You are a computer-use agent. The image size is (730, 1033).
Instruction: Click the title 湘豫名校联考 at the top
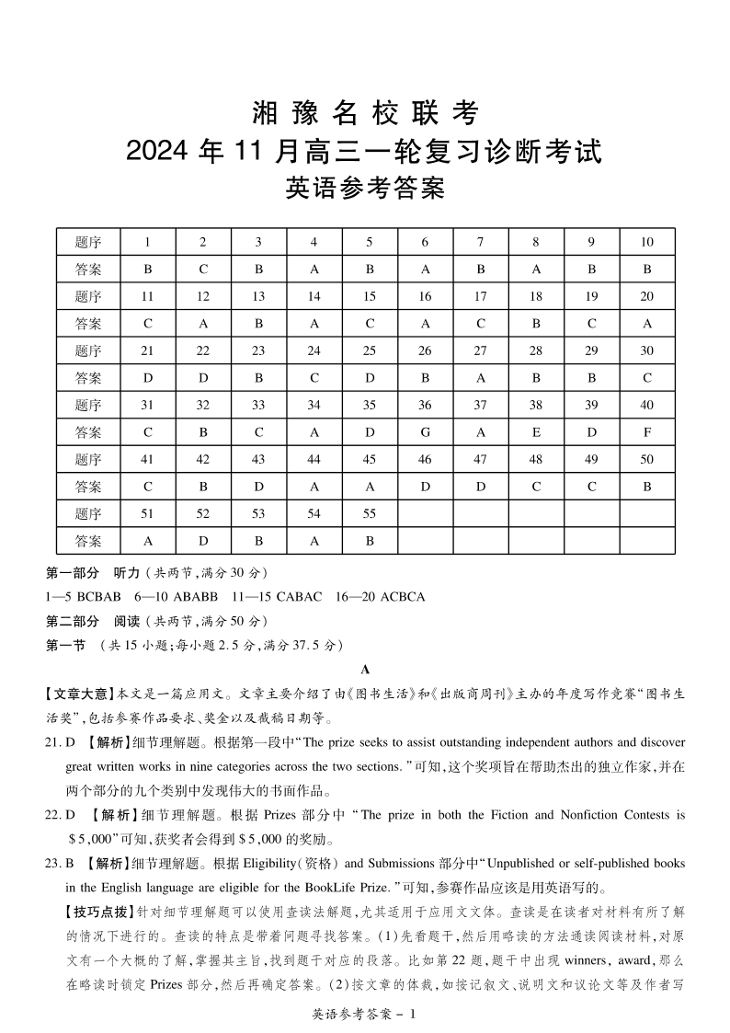point(365,114)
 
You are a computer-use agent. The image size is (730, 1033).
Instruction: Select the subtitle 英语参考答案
point(365,189)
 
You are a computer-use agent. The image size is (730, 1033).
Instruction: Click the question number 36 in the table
point(425,405)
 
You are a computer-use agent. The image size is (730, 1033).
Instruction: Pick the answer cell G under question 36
point(425,431)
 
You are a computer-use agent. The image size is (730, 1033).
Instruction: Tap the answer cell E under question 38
point(536,431)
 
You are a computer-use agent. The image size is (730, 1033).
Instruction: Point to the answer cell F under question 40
point(647,431)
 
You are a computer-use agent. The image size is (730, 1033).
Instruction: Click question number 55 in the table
point(369,513)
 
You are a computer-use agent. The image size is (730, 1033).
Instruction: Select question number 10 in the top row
point(647,242)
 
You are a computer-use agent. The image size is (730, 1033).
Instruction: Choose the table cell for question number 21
point(147,350)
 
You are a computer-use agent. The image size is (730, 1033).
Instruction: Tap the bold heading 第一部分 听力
point(93,572)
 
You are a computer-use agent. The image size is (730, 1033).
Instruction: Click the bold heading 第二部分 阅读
point(93,621)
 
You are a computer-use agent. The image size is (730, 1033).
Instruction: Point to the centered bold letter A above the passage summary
point(365,670)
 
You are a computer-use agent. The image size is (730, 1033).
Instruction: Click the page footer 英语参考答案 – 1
point(365,1014)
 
